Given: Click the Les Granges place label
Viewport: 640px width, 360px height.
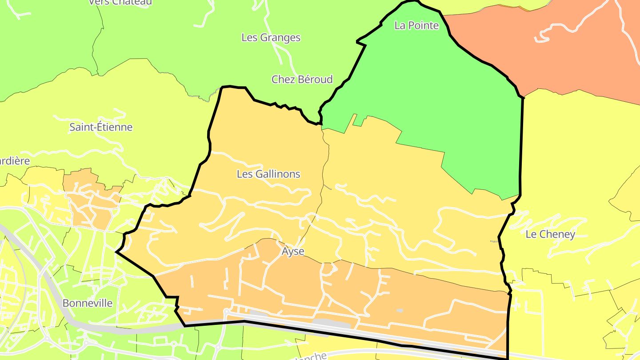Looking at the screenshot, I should tap(271, 38).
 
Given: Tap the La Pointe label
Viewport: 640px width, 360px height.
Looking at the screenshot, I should tap(416, 26).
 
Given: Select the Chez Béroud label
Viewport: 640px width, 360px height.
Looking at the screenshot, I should tap(302, 80).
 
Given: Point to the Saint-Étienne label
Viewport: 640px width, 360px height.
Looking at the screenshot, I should tap(101, 127).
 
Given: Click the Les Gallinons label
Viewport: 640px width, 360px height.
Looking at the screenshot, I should tap(268, 174).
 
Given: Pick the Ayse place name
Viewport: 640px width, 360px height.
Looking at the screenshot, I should tap(293, 251).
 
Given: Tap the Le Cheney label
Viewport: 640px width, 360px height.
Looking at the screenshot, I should tap(550, 234).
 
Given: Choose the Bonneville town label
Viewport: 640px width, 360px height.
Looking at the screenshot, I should tap(88, 303).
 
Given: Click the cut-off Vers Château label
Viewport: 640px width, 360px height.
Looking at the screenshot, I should tap(120, 2).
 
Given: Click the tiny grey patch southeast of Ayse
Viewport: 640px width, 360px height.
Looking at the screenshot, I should tap(399, 311).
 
